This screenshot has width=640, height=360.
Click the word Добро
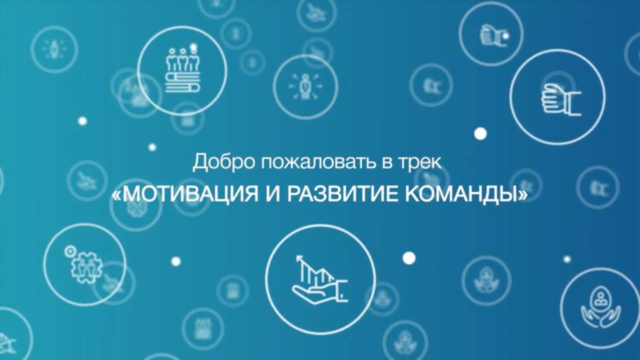[x=212, y=162]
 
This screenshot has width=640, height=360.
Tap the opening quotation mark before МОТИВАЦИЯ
[x=116, y=195]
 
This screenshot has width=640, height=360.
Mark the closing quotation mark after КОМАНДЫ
[x=523, y=195]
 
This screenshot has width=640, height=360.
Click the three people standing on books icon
[x=182, y=70]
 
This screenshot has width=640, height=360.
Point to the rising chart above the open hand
[x=314, y=270]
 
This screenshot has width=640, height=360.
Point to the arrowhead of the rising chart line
[x=299, y=258]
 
